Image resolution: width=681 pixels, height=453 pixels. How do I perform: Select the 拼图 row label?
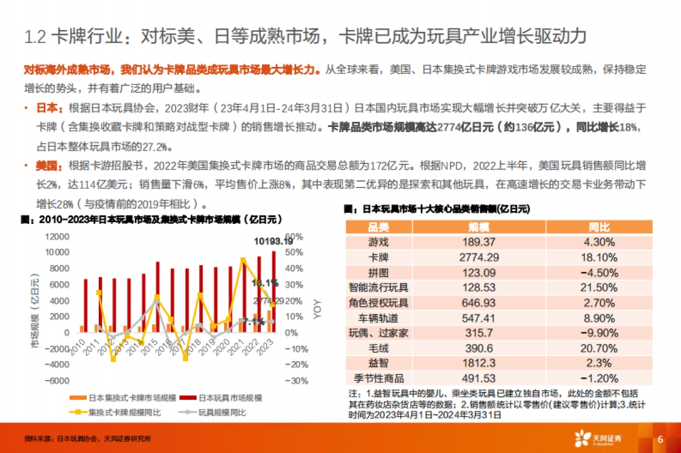(x=379, y=272)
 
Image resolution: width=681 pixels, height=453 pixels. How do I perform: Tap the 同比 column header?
(x=599, y=227)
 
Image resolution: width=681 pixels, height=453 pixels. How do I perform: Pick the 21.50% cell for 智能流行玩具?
(x=599, y=287)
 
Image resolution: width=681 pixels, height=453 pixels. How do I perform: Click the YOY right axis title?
(x=317, y=309)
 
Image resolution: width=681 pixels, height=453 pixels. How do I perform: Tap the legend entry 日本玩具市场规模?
(x=229, y=398)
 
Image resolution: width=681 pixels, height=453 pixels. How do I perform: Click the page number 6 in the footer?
(x=660, y=439)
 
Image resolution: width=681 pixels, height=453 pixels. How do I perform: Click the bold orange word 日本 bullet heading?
(x=47, y=108)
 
